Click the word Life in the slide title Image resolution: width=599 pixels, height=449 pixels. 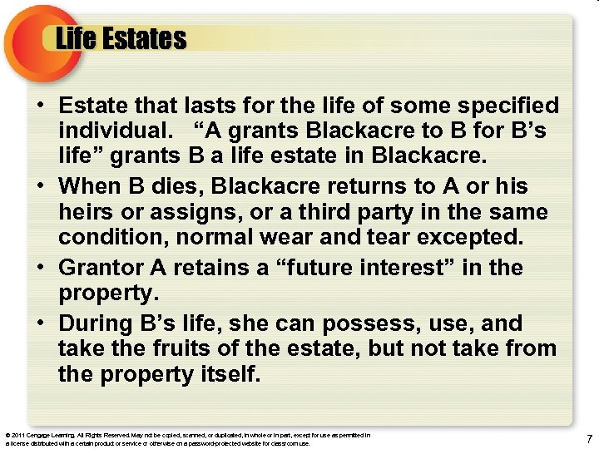pos(76,38)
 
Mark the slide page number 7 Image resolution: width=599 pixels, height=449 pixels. pos(588,439)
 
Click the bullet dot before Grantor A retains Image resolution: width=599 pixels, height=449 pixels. pos(40,269)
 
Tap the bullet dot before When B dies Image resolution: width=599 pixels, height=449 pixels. pos(40,186)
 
